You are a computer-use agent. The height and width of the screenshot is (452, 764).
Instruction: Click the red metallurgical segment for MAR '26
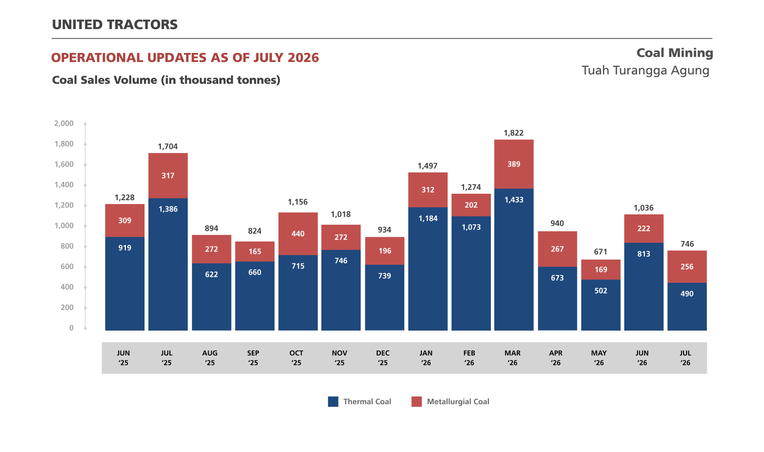pos(514,164)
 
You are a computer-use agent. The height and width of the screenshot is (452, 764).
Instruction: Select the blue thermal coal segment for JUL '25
pos(168,264)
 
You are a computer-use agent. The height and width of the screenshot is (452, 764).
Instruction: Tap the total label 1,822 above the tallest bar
pos(514,133)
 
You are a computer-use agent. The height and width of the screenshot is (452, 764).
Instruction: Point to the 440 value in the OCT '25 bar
pos(298,234)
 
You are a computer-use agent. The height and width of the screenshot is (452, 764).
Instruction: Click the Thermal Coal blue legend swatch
pos(333,402)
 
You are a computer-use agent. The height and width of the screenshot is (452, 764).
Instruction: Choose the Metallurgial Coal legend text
pos(458,402)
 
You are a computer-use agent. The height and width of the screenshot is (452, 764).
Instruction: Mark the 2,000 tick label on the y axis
pos(64,124)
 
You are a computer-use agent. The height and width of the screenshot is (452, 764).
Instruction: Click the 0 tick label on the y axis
pos(71,328)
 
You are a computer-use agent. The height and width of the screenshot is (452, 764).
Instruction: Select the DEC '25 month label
pos(383,358)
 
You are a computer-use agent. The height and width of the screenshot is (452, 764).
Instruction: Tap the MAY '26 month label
pos(599,358)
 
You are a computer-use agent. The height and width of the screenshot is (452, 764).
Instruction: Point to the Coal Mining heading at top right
pos(675,53)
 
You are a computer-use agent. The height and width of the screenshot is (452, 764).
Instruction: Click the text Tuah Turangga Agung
pos(645,71)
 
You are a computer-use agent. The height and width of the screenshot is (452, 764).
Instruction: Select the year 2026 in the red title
pos(303,58)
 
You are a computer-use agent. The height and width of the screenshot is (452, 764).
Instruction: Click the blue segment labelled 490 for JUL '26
pos(687,306)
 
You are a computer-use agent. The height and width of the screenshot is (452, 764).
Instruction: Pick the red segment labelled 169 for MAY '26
pos(601,269)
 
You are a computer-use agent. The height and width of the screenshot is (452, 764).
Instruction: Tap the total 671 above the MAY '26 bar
pos(601,252)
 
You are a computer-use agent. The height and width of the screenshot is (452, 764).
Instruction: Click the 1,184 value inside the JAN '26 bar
pos(428,219)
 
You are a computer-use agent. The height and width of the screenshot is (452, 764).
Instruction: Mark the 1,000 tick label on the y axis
pos(64,226)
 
